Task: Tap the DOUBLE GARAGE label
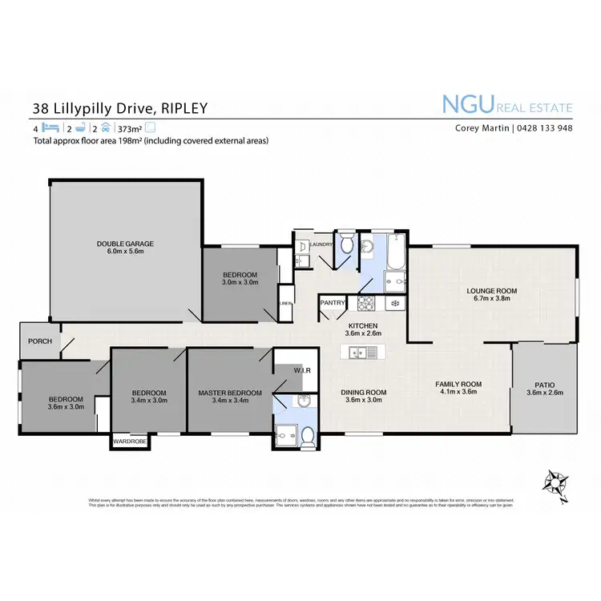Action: pyautogui.click(x=125, y=244)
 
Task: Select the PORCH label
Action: pyautogui.click(x=39, y=341)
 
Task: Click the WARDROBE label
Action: pyautogui.click(x=129, y=441)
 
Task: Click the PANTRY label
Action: pyautogui.click(x=333, y=303)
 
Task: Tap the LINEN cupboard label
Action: pyautogui.click(x=285, y=304)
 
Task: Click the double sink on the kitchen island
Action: pyautogui.click(x=358, y=352)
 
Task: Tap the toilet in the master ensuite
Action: pyautogui.click(x=307, y=436)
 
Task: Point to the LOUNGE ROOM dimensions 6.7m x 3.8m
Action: pyautogui.click(x=492, y=299)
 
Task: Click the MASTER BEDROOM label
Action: pyautogui.click(x=230, y=393)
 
